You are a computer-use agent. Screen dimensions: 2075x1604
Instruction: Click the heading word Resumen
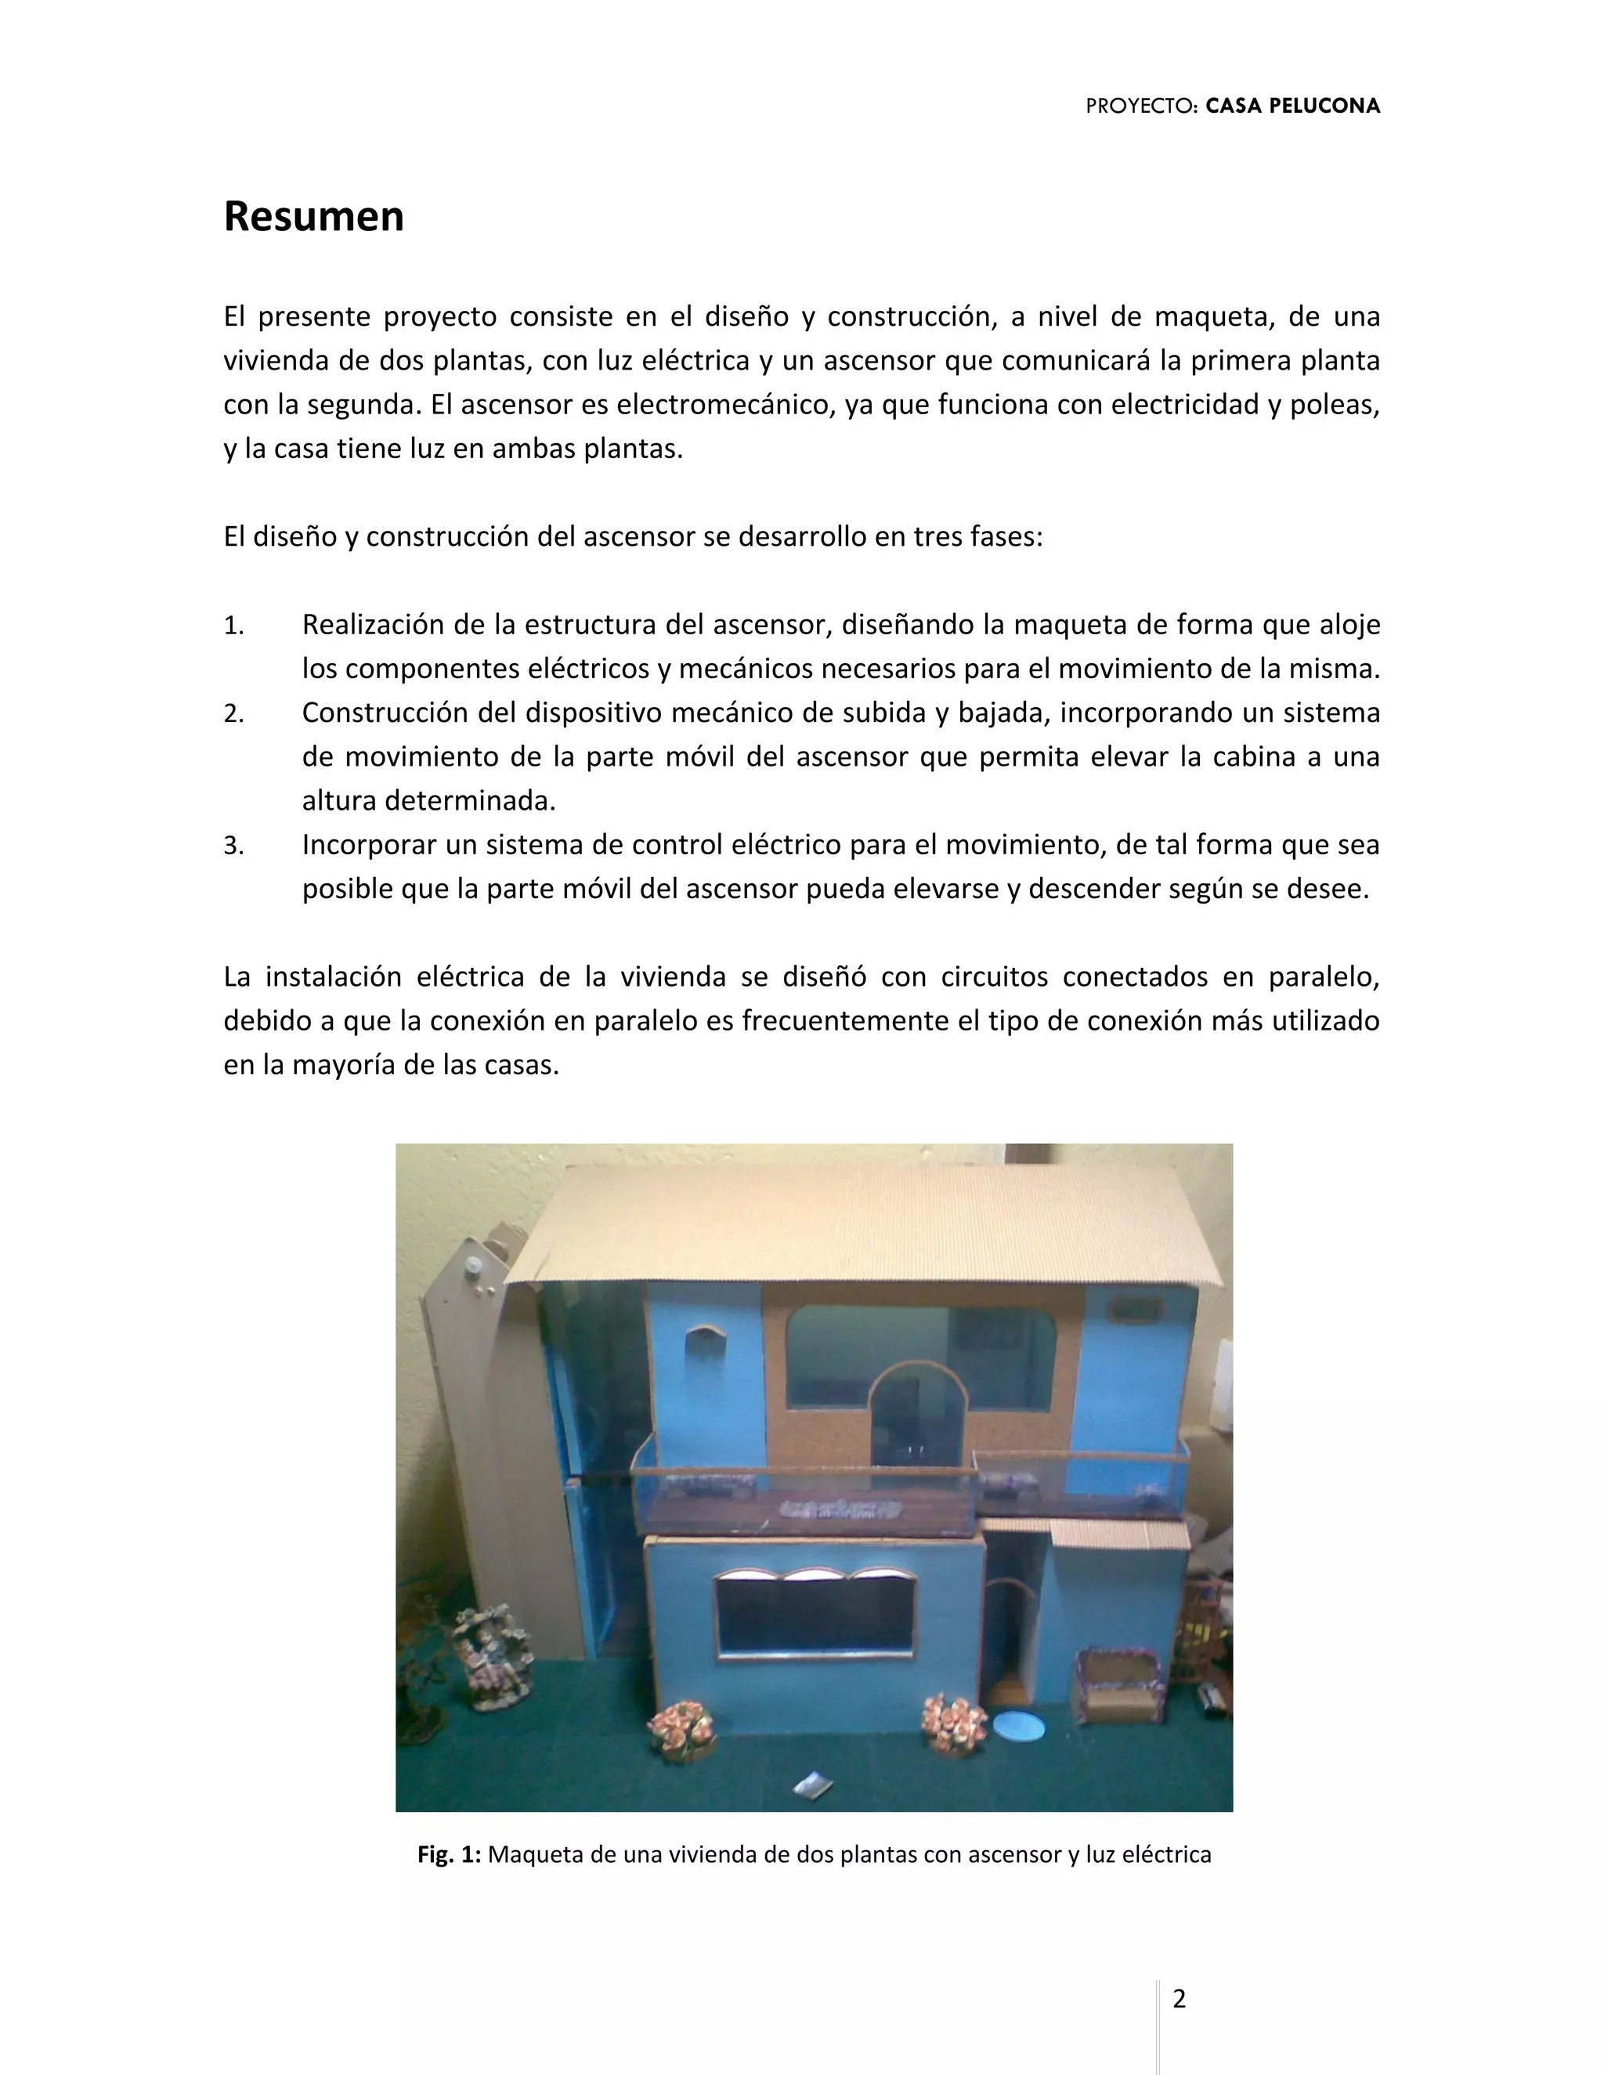(x=313, y=217)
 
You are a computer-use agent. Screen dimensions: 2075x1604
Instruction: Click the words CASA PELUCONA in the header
(x=1292, y=106)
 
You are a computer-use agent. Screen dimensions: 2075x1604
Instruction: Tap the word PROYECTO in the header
(x=1141, y=106)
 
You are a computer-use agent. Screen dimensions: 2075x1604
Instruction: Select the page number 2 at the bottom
(x=1180, y=1999)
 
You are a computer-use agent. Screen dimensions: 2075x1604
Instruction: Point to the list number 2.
(x=233, y=713)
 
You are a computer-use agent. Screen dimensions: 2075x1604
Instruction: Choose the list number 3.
(x=233, y=846)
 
